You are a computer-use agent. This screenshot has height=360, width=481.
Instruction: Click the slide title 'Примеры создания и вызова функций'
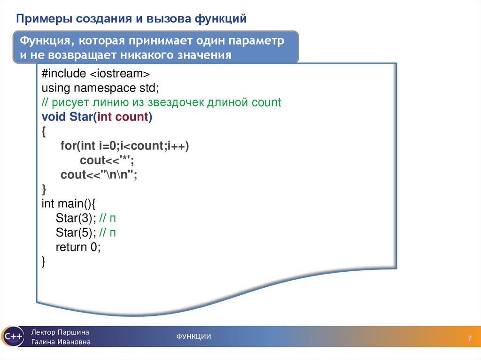132,19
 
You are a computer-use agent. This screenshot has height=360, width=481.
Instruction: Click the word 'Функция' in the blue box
43,41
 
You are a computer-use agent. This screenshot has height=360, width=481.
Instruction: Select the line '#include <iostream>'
95,74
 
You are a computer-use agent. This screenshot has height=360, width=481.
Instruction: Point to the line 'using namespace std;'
101,88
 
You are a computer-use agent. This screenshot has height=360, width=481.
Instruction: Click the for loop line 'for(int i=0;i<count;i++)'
124,146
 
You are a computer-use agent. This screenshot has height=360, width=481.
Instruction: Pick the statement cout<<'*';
108,161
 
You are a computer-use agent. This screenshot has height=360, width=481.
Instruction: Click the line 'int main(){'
69,204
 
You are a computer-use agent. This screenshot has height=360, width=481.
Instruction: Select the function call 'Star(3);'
76,218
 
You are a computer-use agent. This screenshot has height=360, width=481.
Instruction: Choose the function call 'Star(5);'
76,233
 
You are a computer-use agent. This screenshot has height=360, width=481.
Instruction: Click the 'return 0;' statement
78,247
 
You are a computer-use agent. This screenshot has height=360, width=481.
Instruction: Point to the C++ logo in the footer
12,337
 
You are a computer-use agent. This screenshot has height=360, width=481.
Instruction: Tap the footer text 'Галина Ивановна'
61,342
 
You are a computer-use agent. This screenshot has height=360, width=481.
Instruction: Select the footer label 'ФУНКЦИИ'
194,337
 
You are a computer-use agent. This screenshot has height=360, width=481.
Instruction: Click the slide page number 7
469,339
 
